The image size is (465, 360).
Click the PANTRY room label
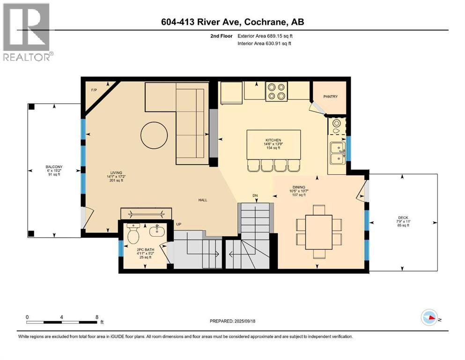click(x=330, y=97)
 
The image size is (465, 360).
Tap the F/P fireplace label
click(x=94, y=90)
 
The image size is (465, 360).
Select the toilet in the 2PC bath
click(x=133, y=233)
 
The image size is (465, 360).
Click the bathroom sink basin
click(x=156, y=231)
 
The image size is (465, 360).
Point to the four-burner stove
click(x=277, y=91)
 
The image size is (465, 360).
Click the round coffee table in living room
click(x=154, y=135)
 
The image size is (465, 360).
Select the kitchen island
click(x=274, y=144)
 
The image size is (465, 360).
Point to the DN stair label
click(x=255, y=195)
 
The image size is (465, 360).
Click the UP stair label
click(x=178, y=225)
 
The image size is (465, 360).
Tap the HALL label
click(x=203, y=200)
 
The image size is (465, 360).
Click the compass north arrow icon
click(x=429, y=317)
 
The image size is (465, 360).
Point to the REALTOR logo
click(x=28, y=32)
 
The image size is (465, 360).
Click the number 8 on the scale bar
click(x=97, y=317)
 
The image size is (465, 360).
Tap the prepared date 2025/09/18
click(x=244, y=321)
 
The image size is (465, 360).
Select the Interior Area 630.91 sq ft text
click(x=264, y=43)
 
